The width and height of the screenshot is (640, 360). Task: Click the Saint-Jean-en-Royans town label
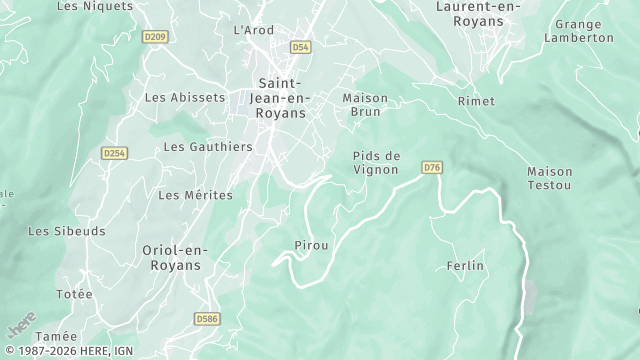pyautogui.click(x=284, y=98)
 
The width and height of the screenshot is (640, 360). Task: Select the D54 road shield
pyautogui.click(x=301, y=47)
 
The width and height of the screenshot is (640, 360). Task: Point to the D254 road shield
pyautogui.click(x=115, y=153)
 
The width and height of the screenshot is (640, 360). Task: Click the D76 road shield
pyautogui.click(x=432, y=167)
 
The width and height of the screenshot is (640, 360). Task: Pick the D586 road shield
pyautogui.click(x=207, y=319)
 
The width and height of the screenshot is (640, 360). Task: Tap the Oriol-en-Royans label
pyautogui.click(x=170, y=258)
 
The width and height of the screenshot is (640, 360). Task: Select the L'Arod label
pyautogui.click(x=253, y=30)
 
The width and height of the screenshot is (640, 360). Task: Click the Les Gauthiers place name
pyautogui.click(x=207, y=146)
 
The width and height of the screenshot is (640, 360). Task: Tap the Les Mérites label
pyautogui.click(x=195, y=195)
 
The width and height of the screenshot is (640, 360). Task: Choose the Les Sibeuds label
pyautogui.click(x=67, y=231)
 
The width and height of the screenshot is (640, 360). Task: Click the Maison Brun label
pyautogui.click(x=365, y=105)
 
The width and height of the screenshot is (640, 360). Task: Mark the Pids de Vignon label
pyautogui.click(x=376, y=162)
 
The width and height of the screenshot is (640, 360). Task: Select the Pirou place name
pyautogui.click(x=311, y=245)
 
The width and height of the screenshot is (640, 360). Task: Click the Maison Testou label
pyautogui.click(x=550, y=179)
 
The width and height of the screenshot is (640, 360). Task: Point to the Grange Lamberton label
pyautogui.click(x=579, y=30)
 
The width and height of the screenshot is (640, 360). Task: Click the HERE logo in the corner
pyautogui.click(x=21, y=324)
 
